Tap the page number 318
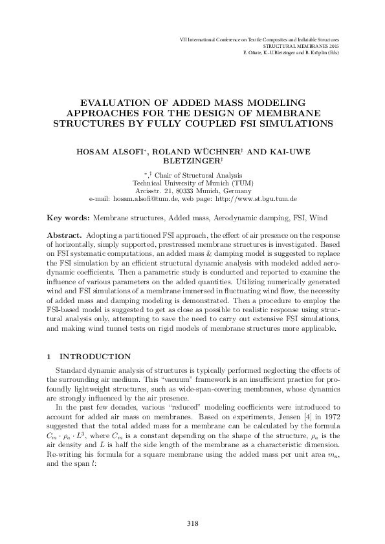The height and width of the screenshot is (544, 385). tap(192, 523)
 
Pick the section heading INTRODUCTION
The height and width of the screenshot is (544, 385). tap(95, 357)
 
